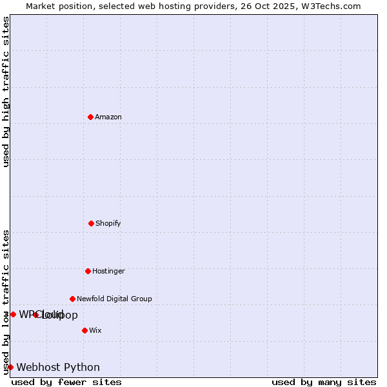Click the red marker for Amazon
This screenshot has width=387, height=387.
point(91,117)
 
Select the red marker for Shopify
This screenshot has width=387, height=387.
point(91,223)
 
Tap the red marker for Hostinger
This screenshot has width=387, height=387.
point(88,271)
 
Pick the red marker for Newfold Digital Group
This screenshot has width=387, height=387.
point(72,299)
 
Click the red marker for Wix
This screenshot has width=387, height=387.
point(84,330)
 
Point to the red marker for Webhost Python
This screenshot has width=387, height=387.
point(10,367)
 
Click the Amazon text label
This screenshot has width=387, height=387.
point(108,117)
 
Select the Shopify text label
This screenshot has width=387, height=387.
point(108,223)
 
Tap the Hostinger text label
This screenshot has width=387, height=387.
point(108,271)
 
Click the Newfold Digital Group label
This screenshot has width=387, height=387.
point(114,299)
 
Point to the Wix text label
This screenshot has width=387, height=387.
point(95,330)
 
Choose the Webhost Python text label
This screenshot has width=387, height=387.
point(58,368)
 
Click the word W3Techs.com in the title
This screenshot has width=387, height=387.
point(333,6)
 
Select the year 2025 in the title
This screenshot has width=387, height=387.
point(290,6)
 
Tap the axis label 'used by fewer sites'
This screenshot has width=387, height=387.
point(66,382)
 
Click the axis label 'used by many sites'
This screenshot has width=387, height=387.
point(324,382)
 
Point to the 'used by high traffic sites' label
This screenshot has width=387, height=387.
point(6,92)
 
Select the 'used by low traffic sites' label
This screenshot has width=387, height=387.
point(6,302)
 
